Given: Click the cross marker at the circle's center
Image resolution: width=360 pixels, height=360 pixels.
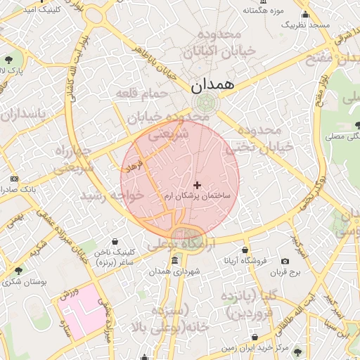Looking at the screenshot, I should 196,184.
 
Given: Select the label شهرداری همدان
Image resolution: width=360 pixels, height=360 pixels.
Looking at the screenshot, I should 176,271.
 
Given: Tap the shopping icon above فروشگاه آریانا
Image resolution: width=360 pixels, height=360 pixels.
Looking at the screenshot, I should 245,250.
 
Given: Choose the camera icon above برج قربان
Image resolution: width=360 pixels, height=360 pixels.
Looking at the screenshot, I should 285,261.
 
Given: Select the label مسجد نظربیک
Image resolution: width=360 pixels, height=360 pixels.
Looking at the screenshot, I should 306,25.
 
